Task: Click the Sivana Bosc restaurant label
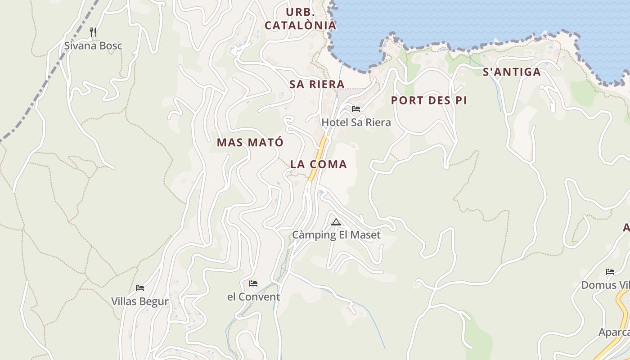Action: point(93,46)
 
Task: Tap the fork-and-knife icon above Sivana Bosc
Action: point(93,32)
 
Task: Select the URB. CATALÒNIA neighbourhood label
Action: point(300,19)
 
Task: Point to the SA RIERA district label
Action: point(317,84)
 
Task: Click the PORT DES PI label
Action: point(428,100)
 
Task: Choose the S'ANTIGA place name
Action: point(512,72)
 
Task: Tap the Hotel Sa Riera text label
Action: point(356,122)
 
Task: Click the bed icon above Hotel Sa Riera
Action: point(356,108)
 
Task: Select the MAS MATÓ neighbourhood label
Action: point(250,143)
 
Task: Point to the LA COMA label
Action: point(319,164)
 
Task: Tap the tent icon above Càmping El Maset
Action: point(336,222)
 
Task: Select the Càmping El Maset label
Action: point(336,235)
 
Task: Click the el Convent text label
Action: point(253,297)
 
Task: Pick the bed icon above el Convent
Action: point(253,283)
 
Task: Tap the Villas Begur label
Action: point(140,301)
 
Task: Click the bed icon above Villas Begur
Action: point(140,288)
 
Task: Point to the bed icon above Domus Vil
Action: point(610,271)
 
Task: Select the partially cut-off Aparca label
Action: point(614,332)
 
